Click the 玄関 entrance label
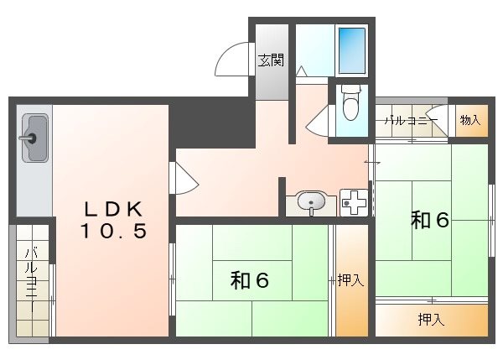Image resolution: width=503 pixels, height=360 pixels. pyautogui.click(x=270, y=60)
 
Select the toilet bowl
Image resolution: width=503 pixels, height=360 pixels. pyautogui.click(x=350, y=104)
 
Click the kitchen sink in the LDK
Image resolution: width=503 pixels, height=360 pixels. pyautogui.click(x=34, y=138)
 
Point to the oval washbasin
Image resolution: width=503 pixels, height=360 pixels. pyautogui.click(x=311, y=202)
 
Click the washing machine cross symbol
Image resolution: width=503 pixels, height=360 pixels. pyautogui.click(x=355, y=202)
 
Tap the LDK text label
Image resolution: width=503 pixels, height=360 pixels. pyautogui.click(x=114, y=209)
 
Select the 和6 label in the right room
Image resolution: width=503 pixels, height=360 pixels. pyautogui.click(x=430, y=220)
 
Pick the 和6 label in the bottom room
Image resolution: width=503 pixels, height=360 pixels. pyautogui.click(x=250, y=281)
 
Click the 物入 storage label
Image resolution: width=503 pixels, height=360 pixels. pyautogui.click(x=470, y=120)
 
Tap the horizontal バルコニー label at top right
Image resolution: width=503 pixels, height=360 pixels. pyautogui.click(x=411, y=121)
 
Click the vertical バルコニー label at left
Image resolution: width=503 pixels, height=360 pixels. pyautogui.click(x=30, y=279)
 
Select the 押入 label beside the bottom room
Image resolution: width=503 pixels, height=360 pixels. pyautogui.click(x=350, y=281)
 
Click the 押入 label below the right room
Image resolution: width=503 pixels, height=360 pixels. pyautogui.click(x=431, y=319)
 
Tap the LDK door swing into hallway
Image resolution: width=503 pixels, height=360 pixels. pyautogui.click(x=185, y=178)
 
